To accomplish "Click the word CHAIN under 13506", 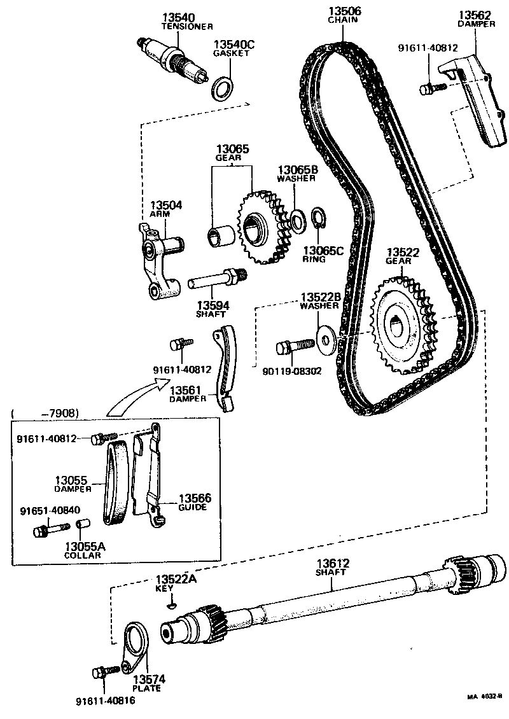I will click(x=344, y=20).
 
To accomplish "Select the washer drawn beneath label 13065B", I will click(x=296, y=219).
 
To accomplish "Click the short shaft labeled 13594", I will click(x=216, y=278).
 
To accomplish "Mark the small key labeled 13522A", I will click(x=171, y=606).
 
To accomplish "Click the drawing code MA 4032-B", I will click(x=484, y=697).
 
